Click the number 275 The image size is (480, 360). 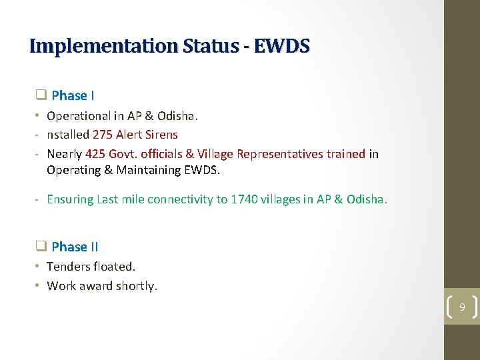[x=104, y=135]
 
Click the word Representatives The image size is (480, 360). [x=279, y=154]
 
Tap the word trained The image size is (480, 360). [x=345, y=154]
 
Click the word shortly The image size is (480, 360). [x=136, y=286]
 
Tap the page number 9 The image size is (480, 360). [x=461, y=307]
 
